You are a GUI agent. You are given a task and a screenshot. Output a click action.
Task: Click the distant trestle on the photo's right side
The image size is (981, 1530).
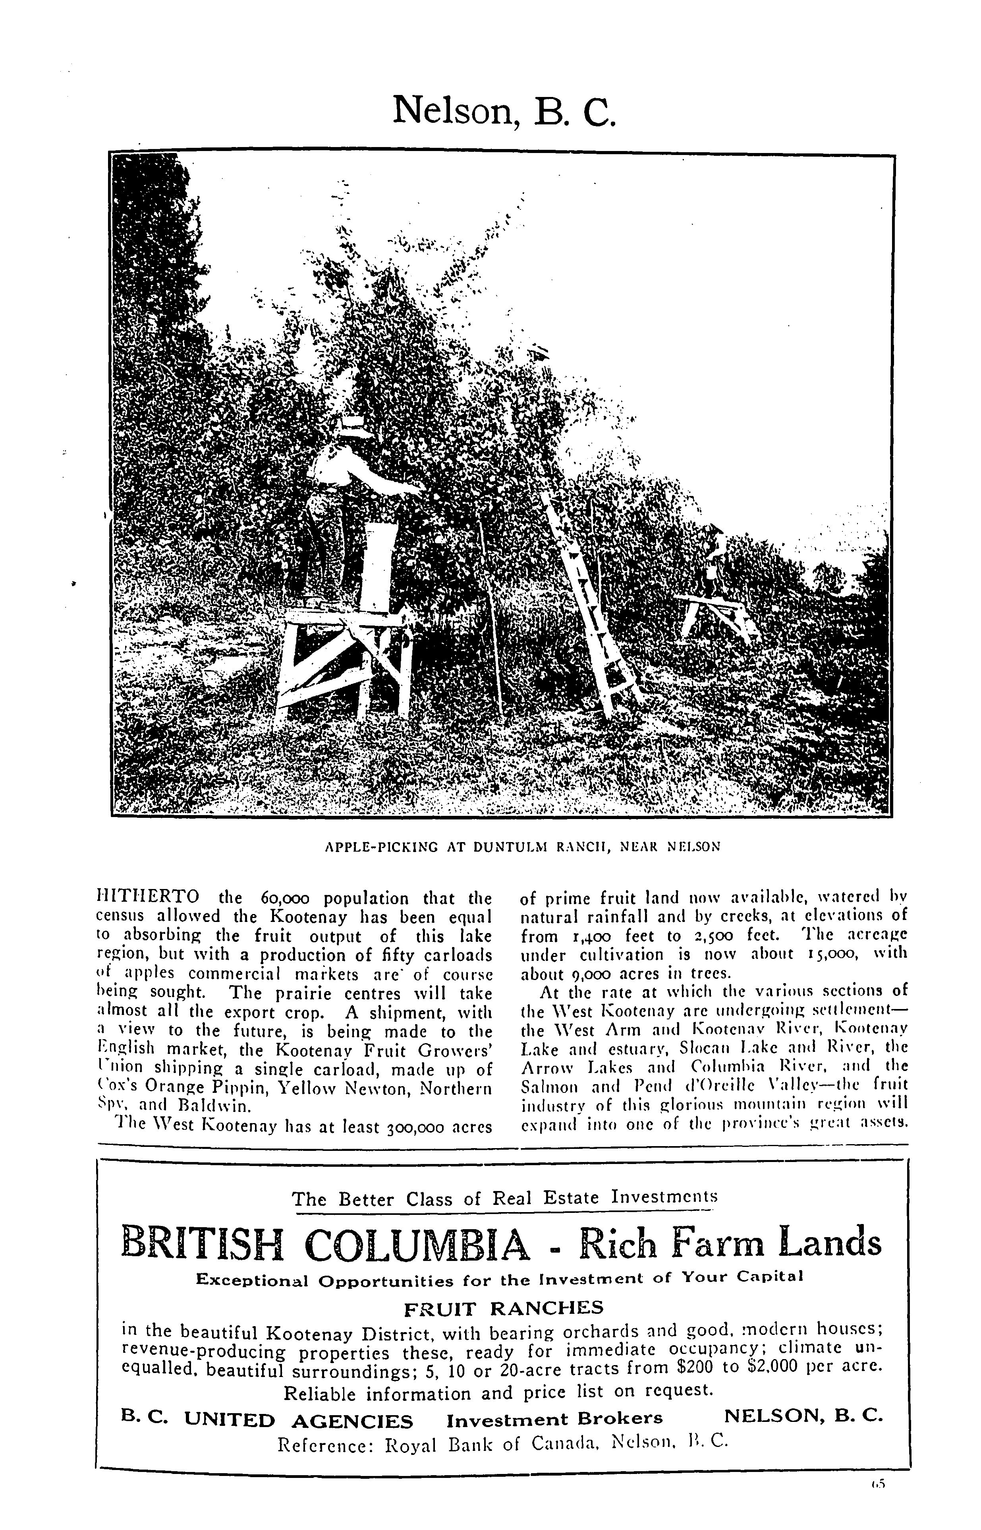(716, 612)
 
